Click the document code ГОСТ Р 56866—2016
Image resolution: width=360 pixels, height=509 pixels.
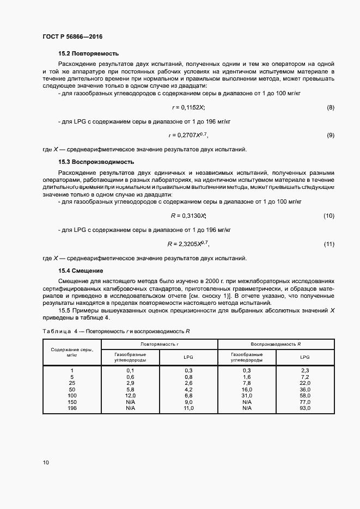pos(72,37)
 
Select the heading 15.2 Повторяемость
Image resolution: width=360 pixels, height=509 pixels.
pos(88,54)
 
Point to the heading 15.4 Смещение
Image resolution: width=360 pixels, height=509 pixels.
pos(81,271)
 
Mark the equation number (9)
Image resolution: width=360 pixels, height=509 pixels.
pos(330,135)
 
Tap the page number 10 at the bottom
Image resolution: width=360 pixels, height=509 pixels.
pos(45,463)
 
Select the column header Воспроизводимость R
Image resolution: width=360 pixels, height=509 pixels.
pos(276,345)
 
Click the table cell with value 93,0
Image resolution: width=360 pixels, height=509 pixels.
pos(304,408)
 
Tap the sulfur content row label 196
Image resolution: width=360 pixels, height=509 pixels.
pos(72,408)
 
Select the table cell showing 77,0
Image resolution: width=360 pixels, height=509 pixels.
pos(304,402)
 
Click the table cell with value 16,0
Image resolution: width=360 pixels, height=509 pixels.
pos(247,390)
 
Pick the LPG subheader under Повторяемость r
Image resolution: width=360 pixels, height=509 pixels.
pos(188,357)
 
